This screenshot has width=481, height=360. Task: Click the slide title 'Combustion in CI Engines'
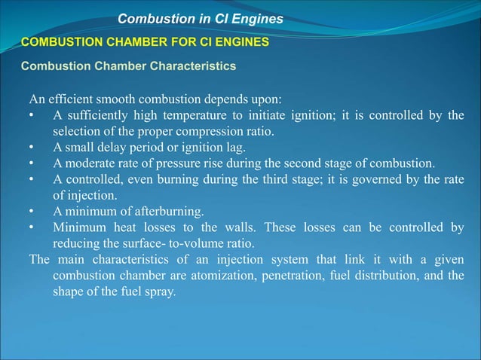click(x=200, y=18)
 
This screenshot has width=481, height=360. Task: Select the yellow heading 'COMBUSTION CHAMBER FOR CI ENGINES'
click(x=144, y=42)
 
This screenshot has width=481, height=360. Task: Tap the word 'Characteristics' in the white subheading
click(x=193, y=66)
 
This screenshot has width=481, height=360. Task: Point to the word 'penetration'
click(x=293, y=276)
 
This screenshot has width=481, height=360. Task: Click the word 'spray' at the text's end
click(x=160, y=291)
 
